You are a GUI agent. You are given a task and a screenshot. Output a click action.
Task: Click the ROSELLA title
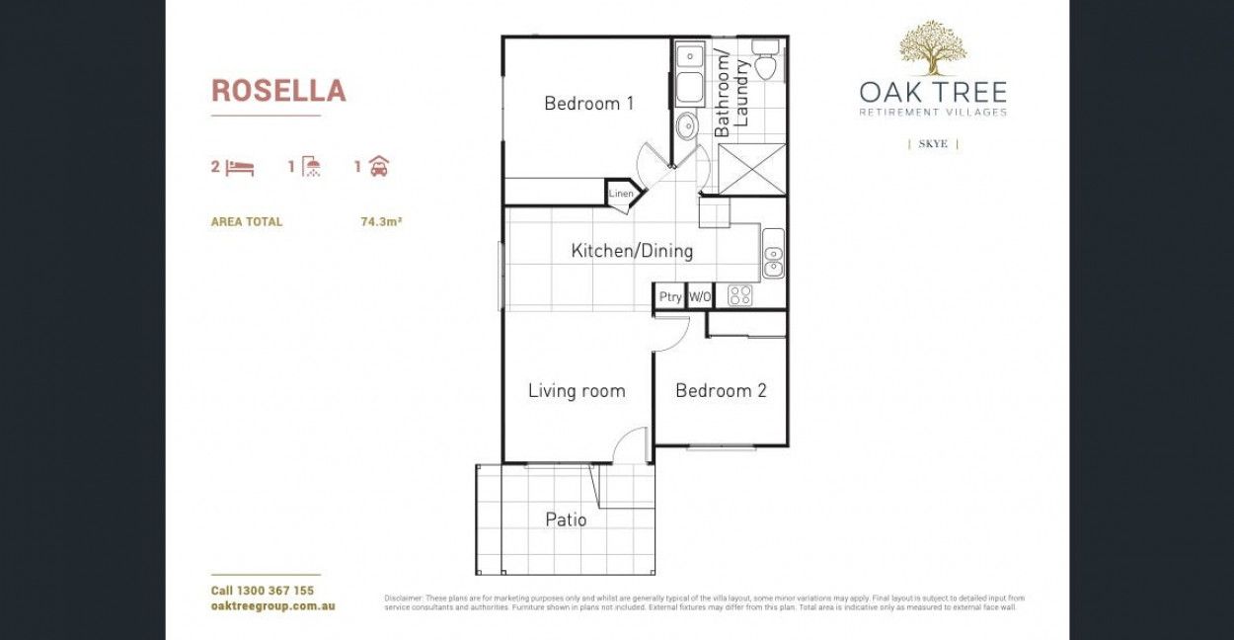click(278, 91)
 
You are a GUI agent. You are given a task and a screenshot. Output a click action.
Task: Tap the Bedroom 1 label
click(588, 103)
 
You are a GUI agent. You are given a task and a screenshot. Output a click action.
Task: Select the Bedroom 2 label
click(721, 390)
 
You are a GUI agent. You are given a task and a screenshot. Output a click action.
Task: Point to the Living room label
click(577, 390)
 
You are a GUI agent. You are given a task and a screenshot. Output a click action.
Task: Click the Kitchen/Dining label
click(632, 251)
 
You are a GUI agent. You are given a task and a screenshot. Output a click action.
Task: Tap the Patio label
click(566, 520)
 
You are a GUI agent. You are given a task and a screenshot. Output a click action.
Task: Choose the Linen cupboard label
click(621, 194)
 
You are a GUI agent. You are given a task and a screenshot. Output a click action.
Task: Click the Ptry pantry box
click(670, 296)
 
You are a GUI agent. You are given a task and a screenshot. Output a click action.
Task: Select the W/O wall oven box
click(699, 296)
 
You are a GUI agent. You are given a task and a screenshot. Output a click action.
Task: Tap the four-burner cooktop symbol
click(739, 295)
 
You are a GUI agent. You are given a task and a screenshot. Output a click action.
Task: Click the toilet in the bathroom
click(765, 60)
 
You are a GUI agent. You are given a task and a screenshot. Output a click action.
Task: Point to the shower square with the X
click(752, 168)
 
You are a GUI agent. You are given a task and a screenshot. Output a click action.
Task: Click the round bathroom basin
click(686, 126)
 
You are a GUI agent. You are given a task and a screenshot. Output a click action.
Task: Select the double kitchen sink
click(773, 253)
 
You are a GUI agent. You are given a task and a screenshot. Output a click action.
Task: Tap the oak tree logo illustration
click(933, 48)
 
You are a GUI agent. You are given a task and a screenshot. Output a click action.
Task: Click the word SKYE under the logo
click(933, 144)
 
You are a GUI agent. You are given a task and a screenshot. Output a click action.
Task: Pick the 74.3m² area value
click(381, 222)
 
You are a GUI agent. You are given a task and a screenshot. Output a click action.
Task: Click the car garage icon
click(378, 167)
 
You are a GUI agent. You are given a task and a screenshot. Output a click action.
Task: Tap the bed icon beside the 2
click(240, 167)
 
